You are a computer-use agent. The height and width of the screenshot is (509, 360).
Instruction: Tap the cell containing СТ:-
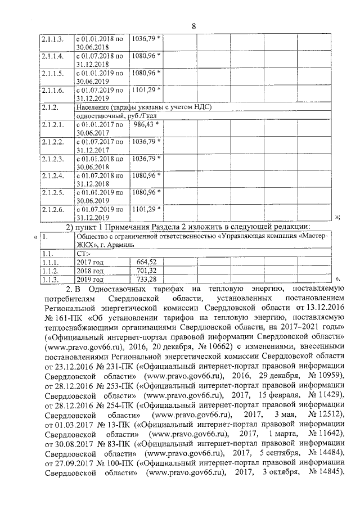(x=84, y=253)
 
